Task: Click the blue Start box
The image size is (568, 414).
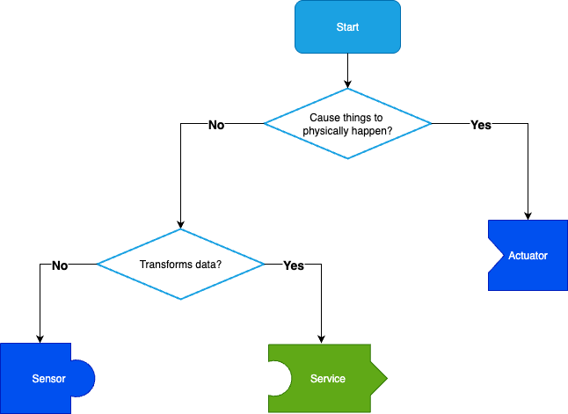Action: pos(347,27)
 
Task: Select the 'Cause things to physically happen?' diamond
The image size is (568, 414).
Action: pos(347,123)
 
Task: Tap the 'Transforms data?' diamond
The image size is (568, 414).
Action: pos(180,264)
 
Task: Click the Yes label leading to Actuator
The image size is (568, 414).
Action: pos(481,125)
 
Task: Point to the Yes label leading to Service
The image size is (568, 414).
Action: pos(293,265)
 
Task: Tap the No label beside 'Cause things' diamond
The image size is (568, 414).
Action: pos(216,125)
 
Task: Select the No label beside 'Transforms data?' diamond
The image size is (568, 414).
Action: pos(60,265)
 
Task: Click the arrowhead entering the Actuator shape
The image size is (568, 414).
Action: pos(528,215)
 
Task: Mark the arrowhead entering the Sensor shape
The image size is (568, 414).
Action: pos(39,338)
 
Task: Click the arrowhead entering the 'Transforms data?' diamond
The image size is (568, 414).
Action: pos(180,224)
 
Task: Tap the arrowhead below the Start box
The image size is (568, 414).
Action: pos(347,84)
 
